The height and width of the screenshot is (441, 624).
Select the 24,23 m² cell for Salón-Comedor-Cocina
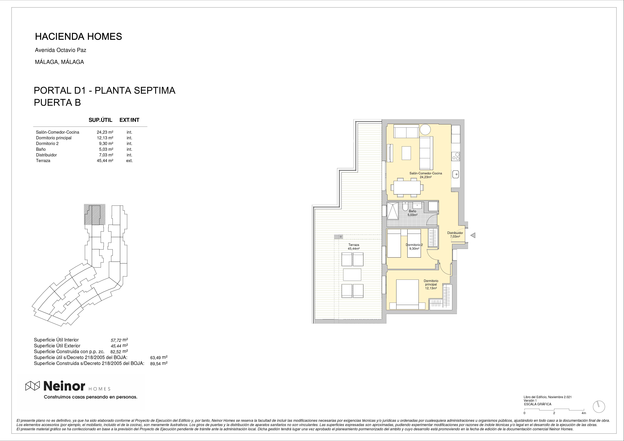click(105, 132)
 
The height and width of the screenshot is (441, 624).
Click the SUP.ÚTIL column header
click(100, 120)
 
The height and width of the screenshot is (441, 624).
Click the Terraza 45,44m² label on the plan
click(354, 247)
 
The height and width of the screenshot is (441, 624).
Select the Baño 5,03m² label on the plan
click(412, 213)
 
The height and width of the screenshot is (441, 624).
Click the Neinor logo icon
click(33, 386)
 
